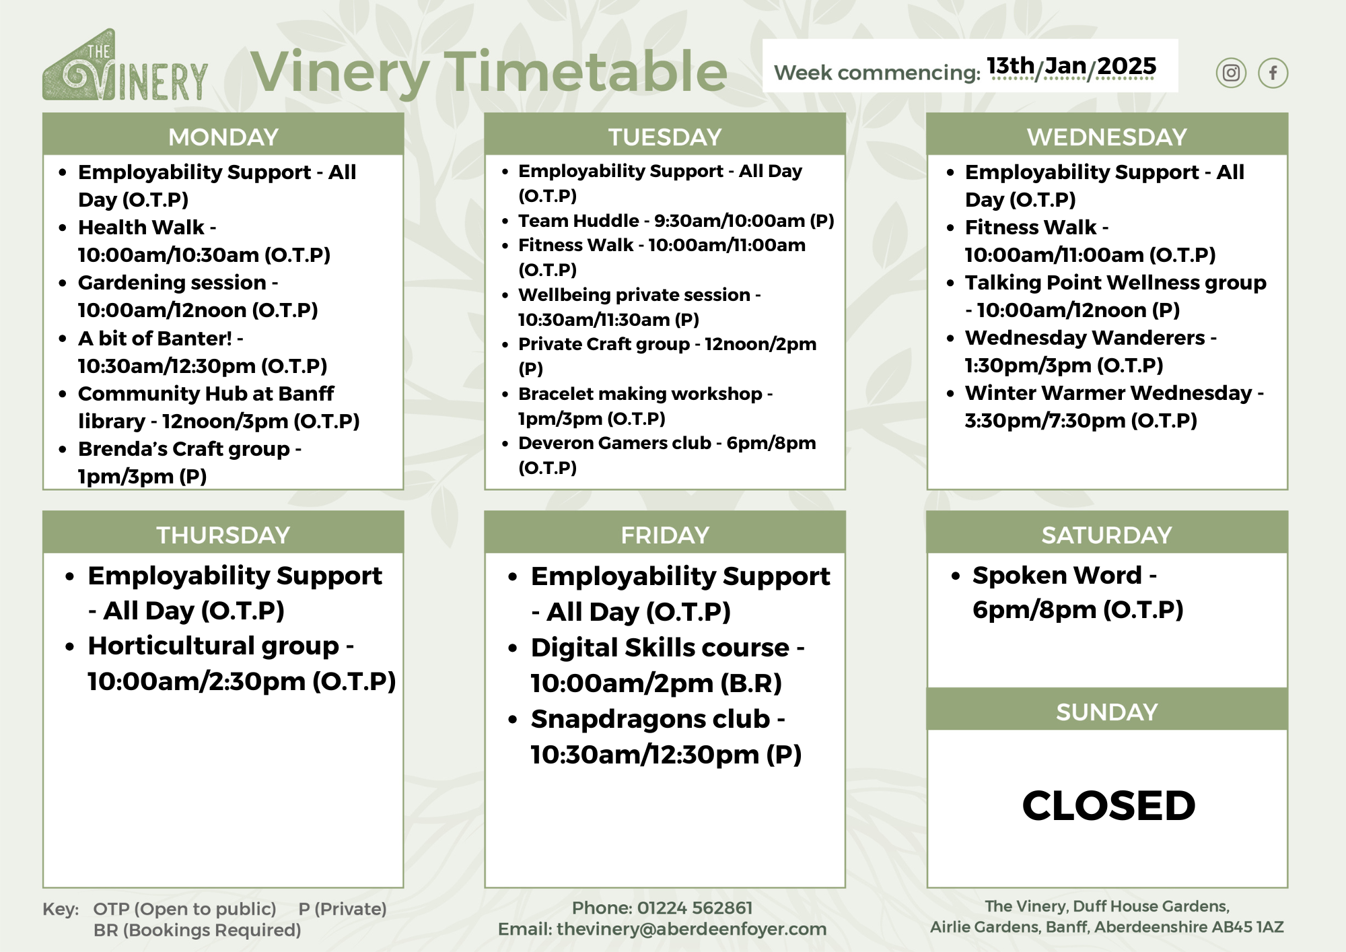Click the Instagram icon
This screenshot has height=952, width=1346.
click(x=1231, y=73)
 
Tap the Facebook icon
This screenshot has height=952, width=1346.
click(x=1273, y=73)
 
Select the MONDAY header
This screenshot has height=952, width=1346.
click(x=223, y=137)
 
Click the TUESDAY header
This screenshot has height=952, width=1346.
click(x=665, y=137)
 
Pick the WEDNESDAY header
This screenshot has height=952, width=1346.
click(x=1106, y=137)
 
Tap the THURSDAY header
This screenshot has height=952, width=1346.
click(x=223, y=535)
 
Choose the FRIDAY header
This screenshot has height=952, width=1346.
click(x=665, y=535)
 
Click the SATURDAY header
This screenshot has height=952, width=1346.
click(x=1106, y=535)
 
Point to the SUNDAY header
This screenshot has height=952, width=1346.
click(x=1106, y=712)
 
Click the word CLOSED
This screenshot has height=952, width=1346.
click(x=1108, y=805)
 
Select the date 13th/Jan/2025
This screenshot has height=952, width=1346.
click(x=1071, y=66)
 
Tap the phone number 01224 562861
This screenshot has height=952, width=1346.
click(x=695, y=908)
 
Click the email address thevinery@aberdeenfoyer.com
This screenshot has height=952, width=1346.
click(x=691, y=929)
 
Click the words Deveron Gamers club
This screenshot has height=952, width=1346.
click(x=614, y=443)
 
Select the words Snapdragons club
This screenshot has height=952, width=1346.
click(x=650, y=719)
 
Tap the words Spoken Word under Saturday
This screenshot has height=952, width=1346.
click(x=1057, y=575)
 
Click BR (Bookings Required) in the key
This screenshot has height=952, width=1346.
click(x=197, y=930)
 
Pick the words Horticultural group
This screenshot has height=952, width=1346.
click(x=213, y=646)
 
